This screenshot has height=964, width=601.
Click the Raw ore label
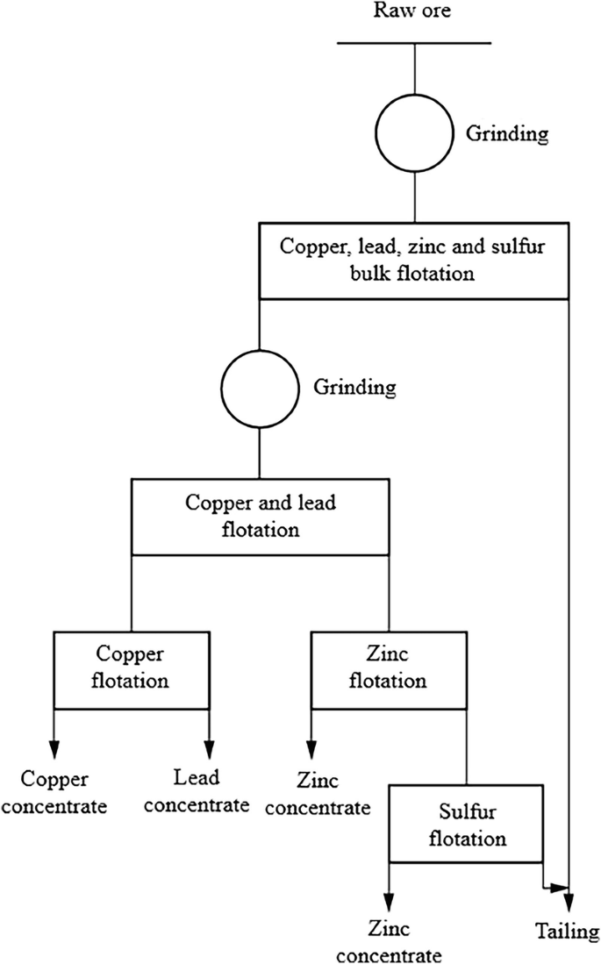[414, 12]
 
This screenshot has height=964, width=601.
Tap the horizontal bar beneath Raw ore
[414, 42]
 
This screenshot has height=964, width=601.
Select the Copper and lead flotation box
[260, 517]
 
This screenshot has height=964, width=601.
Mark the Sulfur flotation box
[466, 825]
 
